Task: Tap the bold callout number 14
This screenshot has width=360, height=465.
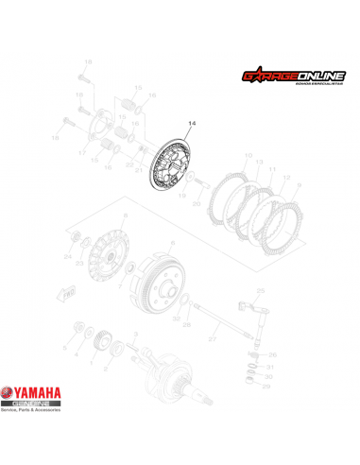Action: [194, 124]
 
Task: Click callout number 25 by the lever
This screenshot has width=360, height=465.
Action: [262, 289]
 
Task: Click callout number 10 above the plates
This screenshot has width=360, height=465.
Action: [248, 155]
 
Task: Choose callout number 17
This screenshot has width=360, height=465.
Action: [82, 153]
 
